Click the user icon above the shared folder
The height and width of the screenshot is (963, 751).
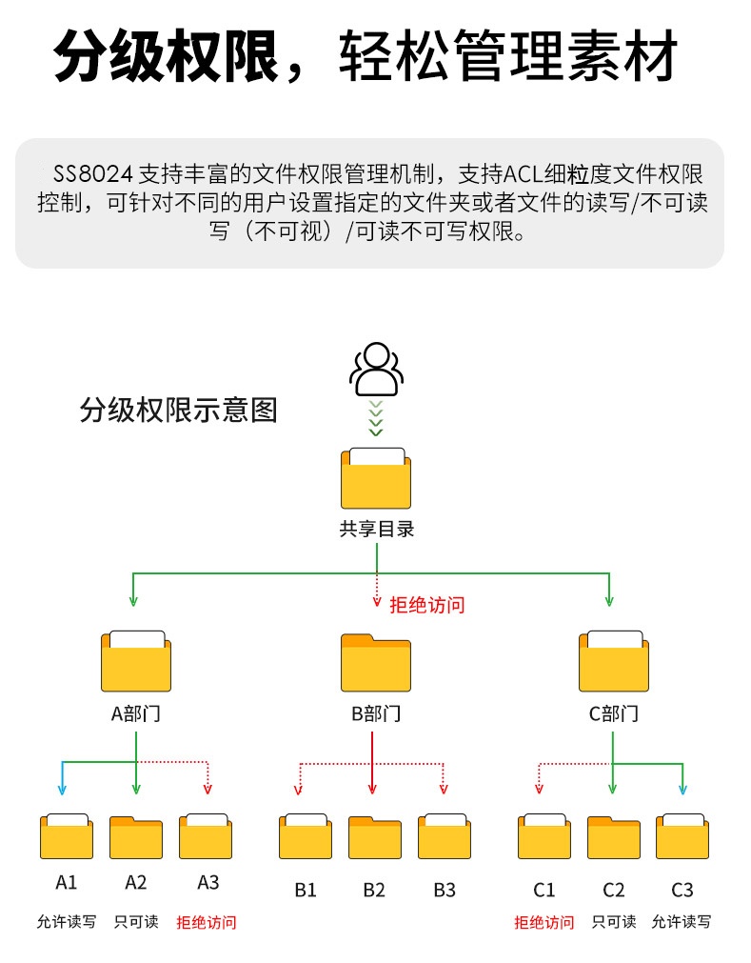click(375, 370)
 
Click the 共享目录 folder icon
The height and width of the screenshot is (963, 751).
click(376, 478)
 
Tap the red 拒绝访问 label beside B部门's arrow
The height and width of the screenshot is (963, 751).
click(427, 604)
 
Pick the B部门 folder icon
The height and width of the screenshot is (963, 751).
click(376, 664)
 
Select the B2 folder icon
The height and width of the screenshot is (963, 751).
click(374, 837)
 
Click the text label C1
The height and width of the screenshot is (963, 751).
click(543, 890)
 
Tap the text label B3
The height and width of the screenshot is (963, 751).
click(445, 890)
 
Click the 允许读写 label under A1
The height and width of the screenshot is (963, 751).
click(67, 922)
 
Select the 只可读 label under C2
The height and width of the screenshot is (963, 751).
click(614, 922)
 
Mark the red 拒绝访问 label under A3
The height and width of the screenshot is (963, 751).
click(207, 922)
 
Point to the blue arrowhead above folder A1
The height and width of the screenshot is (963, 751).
click(63, 789)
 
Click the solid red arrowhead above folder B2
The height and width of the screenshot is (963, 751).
click(372, 789)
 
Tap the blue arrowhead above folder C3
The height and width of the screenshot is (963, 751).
click(682, 789)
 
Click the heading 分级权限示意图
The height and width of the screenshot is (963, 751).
click(179, 411)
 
